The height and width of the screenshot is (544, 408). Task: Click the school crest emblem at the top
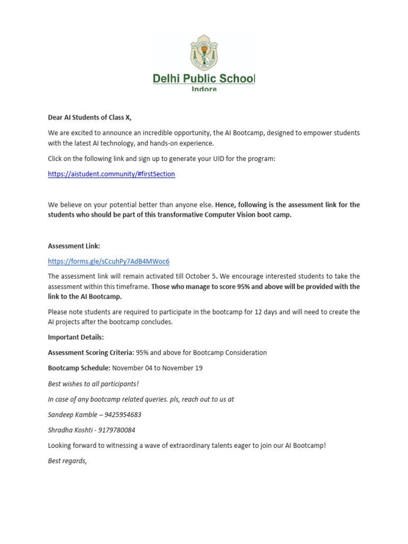(203, 53)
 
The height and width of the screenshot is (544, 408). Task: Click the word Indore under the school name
(204, 89)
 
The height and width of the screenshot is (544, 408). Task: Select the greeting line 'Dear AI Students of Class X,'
(89, 117)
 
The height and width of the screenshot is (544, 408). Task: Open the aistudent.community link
(111, 174)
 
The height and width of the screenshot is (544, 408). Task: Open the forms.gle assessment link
(108, 261)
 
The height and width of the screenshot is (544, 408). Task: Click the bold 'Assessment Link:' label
(74, 246)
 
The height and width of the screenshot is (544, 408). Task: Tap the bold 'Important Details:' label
(76, 337)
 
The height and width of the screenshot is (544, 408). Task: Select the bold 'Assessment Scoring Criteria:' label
(91, 352)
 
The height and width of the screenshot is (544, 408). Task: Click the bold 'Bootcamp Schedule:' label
(79, 368)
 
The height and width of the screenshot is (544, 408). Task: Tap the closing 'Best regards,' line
(67, 461)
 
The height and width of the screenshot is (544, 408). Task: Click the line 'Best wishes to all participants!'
(93, 384)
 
